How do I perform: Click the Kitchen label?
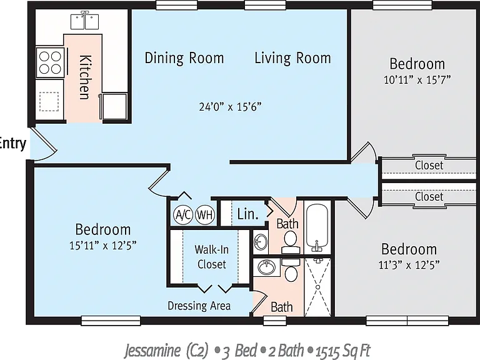pos(85,77)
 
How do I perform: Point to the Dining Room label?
pos(184,58)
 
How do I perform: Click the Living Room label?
pos(292,58)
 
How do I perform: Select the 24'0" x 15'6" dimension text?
pos(231,107)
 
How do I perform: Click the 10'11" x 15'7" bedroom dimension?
pos(417,80)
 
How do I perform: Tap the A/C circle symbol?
pos(183,215)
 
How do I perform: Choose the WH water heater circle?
pos(205,215)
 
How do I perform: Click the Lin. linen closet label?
pos(247,214)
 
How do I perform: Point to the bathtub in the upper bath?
pos(317,227)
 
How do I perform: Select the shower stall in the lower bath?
pos(317,287)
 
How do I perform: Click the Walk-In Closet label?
pos(211,257)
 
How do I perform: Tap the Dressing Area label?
pos(199,306)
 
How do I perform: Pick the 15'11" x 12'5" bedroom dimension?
pos(103,245)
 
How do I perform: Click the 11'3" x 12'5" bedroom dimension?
pos(409,265)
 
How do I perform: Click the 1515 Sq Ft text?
pos(343,351)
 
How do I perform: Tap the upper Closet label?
pos(429,165)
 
